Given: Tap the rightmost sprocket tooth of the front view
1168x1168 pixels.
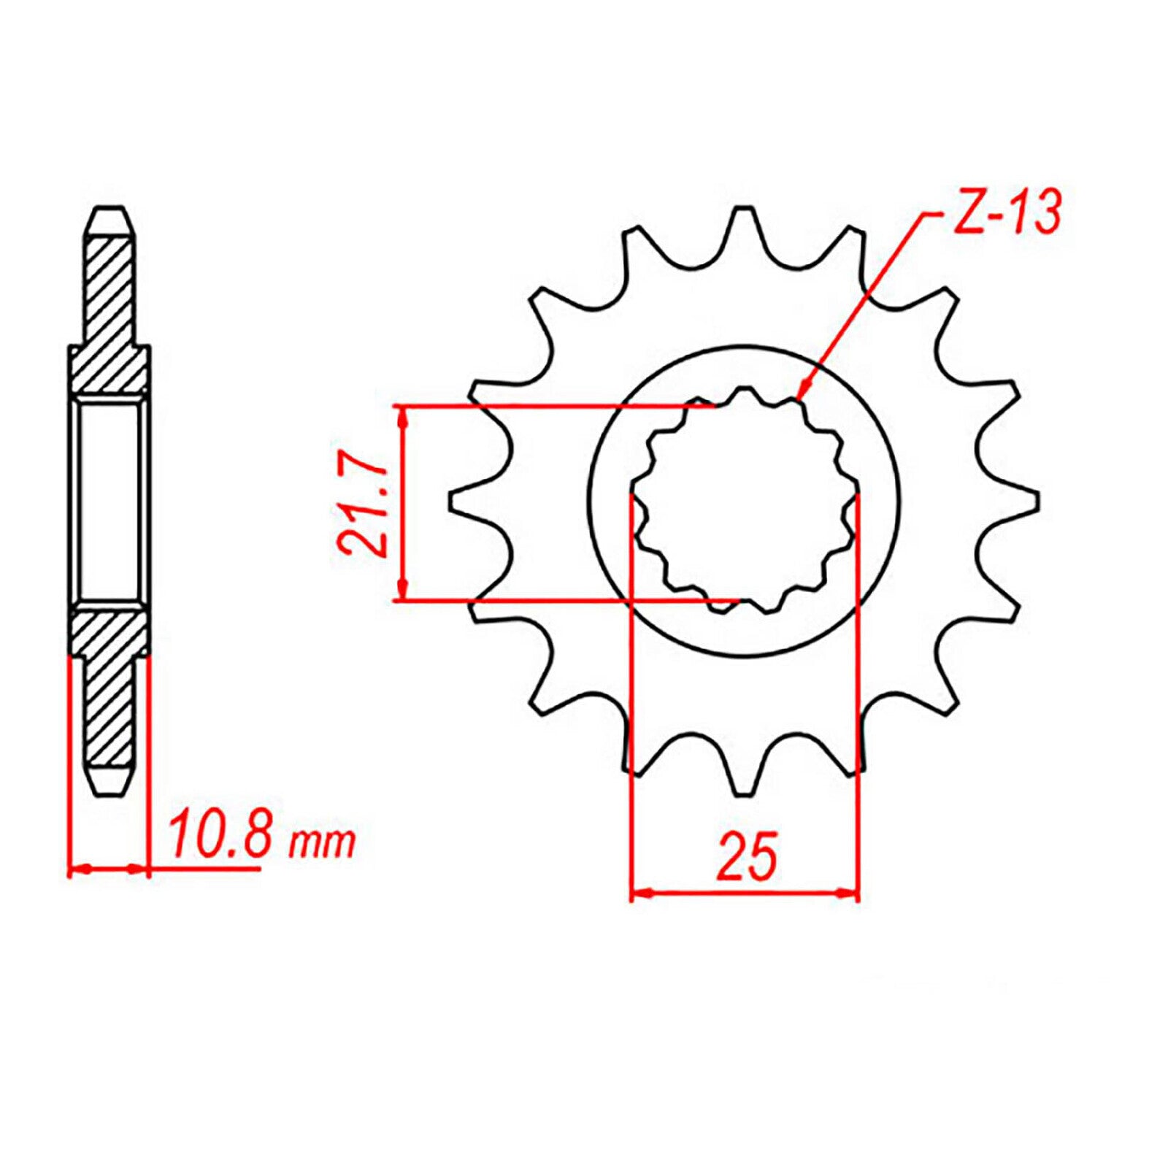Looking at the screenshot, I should click(1028, 502).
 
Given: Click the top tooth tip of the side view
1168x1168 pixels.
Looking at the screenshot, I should click(109, 213).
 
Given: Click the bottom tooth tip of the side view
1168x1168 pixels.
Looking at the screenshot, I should click(109, 790).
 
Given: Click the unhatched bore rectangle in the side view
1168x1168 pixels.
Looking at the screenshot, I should click(109, 502).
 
